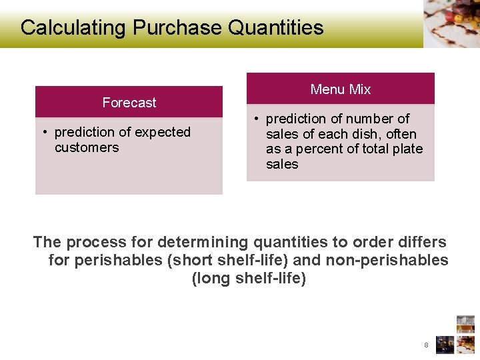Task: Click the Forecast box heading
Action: pyautogui.click(x=129, y=103)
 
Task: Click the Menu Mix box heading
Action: pyautogui.click(x=340, y=89)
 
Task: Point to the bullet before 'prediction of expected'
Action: pyautogui.click(x=44, y=133)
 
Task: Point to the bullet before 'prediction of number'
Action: pyautogui.click(x=255, y=119)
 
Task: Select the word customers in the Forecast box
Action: pyautogui.click(x=87, y=147)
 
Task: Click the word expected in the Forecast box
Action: pyautogui.click(x=161, y=132)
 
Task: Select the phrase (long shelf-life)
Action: pyautogui.click(x=249, y=278)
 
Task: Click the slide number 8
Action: pyautogui.click(x=425, y=345)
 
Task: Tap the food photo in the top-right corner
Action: pyautogui.click(x=451, y=23)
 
